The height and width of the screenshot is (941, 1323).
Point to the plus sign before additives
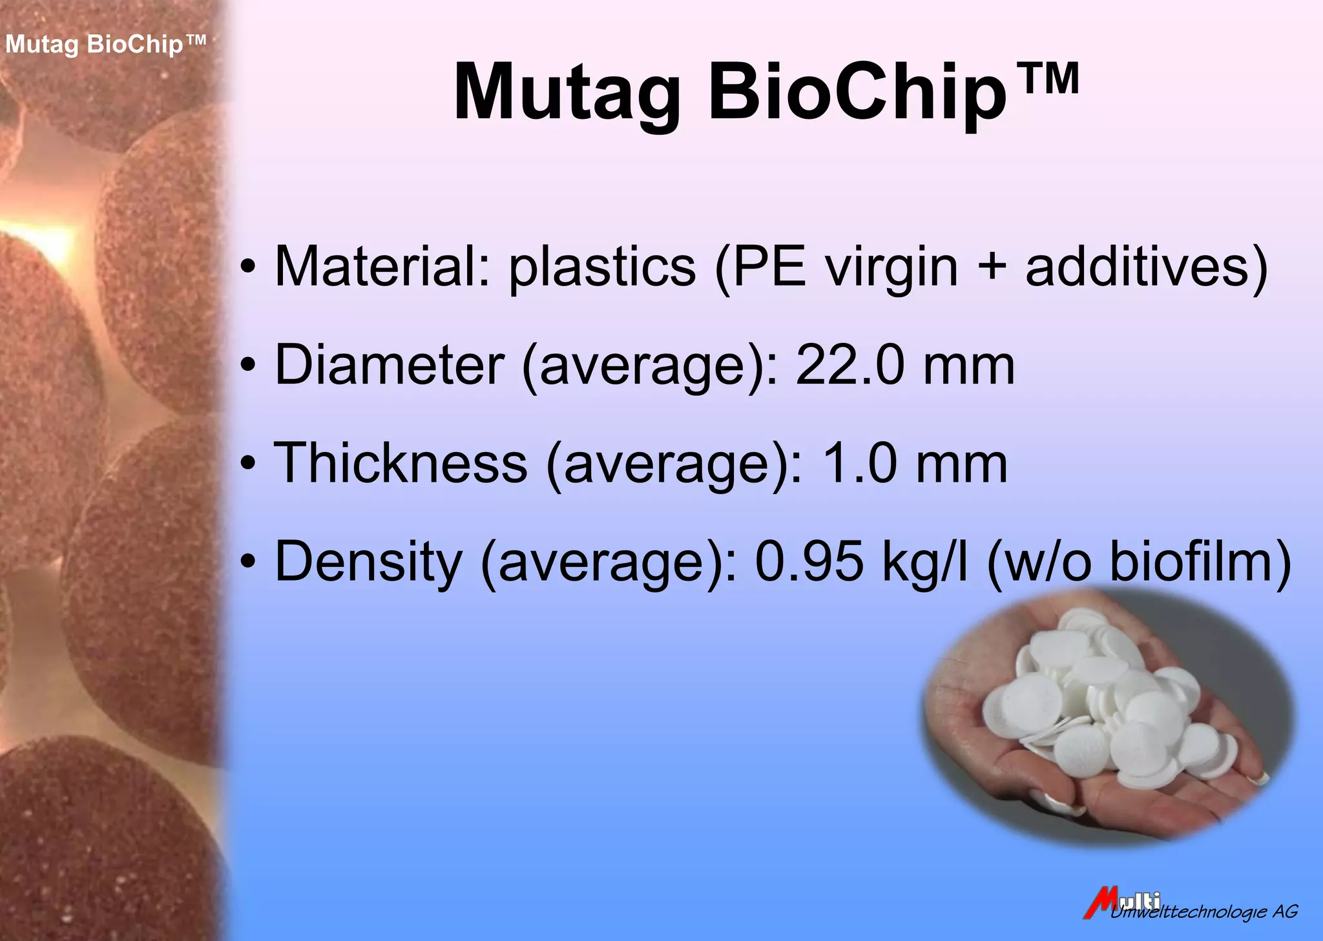[x=992, y=268]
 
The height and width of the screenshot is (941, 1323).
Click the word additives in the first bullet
[x=1137, y=267]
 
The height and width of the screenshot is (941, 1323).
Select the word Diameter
[x=389, y=365]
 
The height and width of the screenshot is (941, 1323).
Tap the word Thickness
[x=401, y=463]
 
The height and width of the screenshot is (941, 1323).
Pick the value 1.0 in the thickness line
[x=860, y=463]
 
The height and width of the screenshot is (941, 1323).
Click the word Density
[x=369, y=562]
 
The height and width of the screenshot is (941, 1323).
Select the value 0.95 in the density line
[x=809, y=562]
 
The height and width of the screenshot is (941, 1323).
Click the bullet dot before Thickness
[x=248, y=464]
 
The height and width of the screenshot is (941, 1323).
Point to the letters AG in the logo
[x=1285, y=911]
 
